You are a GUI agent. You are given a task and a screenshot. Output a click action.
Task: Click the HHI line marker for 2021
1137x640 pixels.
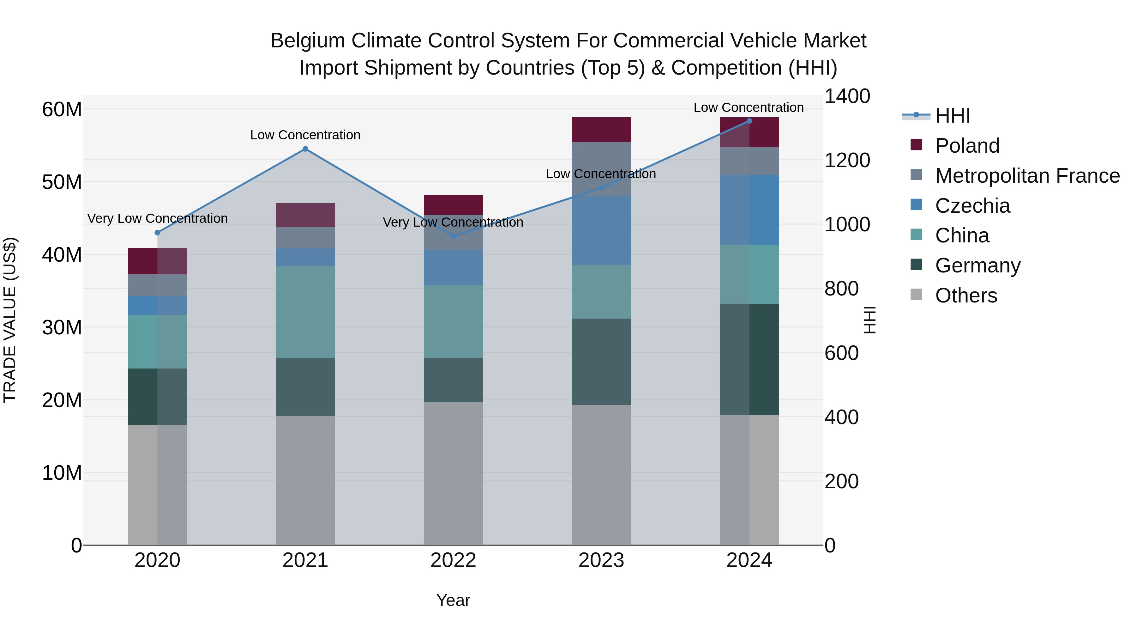pos(305,149)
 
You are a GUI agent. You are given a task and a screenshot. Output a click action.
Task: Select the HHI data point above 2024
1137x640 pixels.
pos(749,121)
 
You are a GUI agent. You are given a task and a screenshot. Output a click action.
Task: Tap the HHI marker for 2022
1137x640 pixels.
pos(453,236)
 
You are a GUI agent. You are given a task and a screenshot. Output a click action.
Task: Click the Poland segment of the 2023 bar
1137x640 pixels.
pos(601,130)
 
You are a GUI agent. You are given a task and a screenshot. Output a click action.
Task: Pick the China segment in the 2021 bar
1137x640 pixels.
pos(305,312)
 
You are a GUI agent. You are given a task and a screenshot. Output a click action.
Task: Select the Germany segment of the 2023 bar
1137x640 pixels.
pos(601,362)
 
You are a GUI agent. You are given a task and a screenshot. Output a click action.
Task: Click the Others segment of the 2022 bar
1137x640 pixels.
pos(453,473)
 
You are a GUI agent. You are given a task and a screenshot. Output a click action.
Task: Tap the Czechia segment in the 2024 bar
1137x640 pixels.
pos(749,210)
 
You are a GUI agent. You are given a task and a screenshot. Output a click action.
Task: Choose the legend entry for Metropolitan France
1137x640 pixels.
pos(1027,176)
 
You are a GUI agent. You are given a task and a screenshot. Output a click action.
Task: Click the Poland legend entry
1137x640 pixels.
pos(967,146)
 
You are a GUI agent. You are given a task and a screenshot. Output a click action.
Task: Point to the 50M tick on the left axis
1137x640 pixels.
pos(62,182)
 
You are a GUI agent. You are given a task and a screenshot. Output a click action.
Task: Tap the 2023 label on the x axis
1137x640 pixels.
pos(601,560)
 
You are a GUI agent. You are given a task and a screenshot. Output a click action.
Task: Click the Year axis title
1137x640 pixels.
pos(453,600)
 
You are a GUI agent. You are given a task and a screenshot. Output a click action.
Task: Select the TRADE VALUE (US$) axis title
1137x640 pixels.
pos(10,320)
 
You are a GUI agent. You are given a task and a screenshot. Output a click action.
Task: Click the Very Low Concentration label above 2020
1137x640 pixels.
pos(158,219)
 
